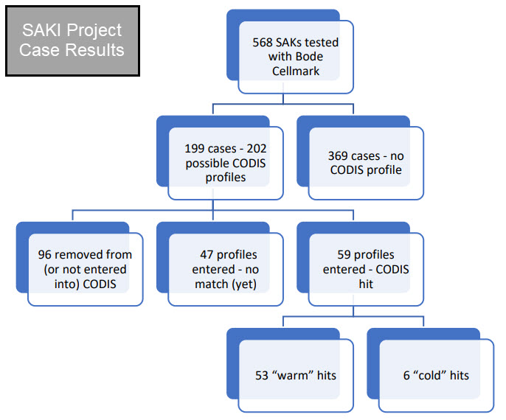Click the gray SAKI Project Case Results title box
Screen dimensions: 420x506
(x=72, y=41)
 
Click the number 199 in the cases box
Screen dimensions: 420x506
(x=194, y=149)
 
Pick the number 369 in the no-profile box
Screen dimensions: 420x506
(x=338, y=156)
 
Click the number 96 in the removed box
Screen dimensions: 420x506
(x=46, y=255)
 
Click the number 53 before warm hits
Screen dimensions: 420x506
(x=263, y=375)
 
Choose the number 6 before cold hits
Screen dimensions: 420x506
(x=406, y=375)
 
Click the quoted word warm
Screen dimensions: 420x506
(x=291, y=375)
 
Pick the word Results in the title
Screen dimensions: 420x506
(x=98, y=50)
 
